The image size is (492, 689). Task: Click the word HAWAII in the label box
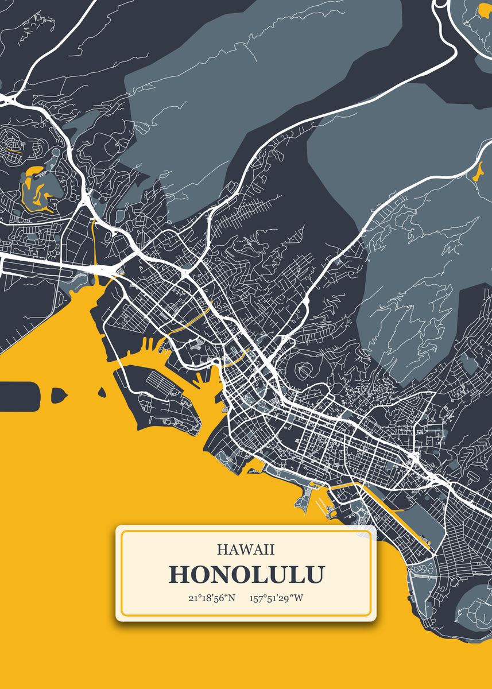point(246,549)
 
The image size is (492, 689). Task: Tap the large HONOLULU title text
point(246,575)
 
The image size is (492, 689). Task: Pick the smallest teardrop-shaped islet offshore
point(102,392)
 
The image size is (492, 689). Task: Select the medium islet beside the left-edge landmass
point(59,394)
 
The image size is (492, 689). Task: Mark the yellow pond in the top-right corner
point(481,10)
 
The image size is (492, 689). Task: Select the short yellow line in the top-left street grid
point(14,152)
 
